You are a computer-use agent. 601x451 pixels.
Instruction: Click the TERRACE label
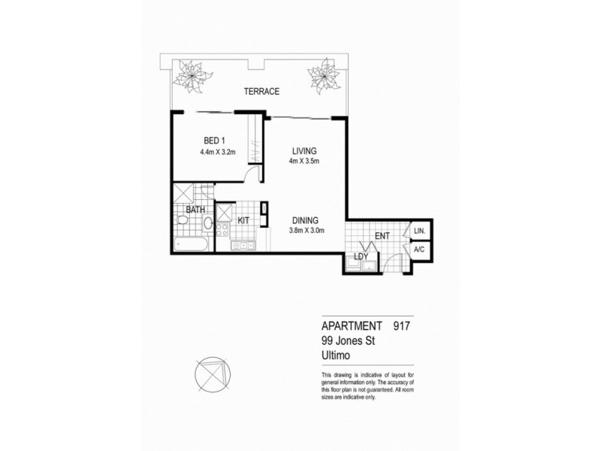[261, 92]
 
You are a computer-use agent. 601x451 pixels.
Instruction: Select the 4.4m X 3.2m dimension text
[218, 153]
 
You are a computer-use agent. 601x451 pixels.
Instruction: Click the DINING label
[307, 219]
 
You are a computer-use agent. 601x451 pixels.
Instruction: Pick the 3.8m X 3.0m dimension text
[307, 231]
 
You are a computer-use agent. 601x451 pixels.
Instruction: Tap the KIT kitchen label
[243, 221]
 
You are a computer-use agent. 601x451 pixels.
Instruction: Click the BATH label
[195, 210]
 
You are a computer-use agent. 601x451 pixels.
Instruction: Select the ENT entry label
[382, 237]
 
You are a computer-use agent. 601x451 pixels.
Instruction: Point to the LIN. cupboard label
[419, 230]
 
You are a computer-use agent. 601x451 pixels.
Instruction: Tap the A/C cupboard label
[419, 249]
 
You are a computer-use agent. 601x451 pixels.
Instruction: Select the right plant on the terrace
[325, 75]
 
